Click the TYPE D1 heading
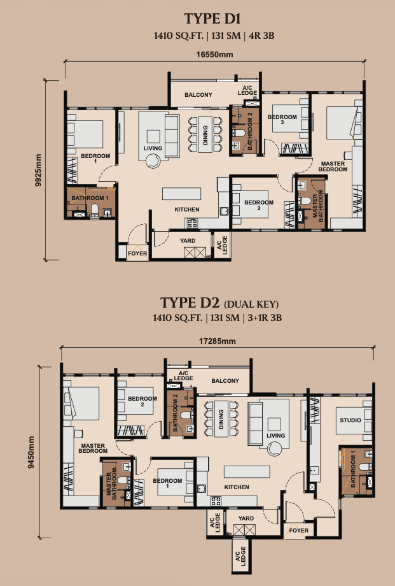point(212,18)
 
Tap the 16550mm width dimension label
point(215,55)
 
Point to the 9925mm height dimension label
point(38,171)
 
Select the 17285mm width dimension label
point(218,341)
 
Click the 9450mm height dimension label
point(31,452)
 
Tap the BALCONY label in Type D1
point(198,95)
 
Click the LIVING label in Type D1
point(153,148)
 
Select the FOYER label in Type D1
point(137,254)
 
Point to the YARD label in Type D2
point(246,518)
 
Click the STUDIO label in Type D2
point(350,420)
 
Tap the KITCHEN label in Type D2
point(237,487)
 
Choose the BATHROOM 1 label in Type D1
point(90,198)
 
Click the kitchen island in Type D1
point(181,194)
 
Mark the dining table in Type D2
point(221,418)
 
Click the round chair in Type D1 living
point(153,161)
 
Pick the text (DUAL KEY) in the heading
point(251,304)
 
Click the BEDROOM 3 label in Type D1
point(282,120)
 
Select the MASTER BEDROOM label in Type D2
point(93,448)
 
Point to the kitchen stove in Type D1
point(193,224)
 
